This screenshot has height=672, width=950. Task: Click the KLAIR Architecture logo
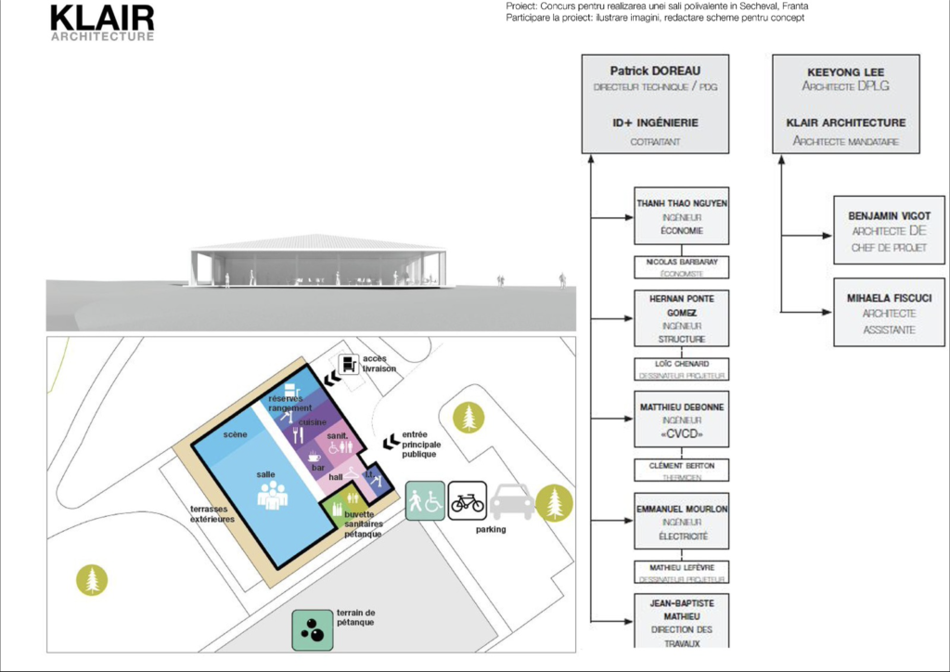pyautogui.click(x=102, y=23)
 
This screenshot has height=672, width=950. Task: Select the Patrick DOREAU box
pyautogui.click(x=655, y=103)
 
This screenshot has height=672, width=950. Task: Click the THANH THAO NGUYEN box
pyautogui.click(x=682, y=217)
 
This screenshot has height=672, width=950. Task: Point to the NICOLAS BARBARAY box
pyautogui.click(x=682, y=267)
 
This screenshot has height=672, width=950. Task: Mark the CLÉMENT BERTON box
pyautogui.click(x=682, y=470)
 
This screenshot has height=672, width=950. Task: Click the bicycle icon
pyautogui.click(x=468, y=502)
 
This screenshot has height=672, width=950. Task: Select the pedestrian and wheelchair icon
pyautogui.click(x=425, y=501)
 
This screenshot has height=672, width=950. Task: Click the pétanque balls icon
pyautogui.click(x=312, y=629)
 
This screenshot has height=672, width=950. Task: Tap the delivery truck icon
pyautogui.click(x=350, y=365)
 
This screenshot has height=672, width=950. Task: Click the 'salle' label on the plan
pyautogui.click(x=267, y=474)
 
